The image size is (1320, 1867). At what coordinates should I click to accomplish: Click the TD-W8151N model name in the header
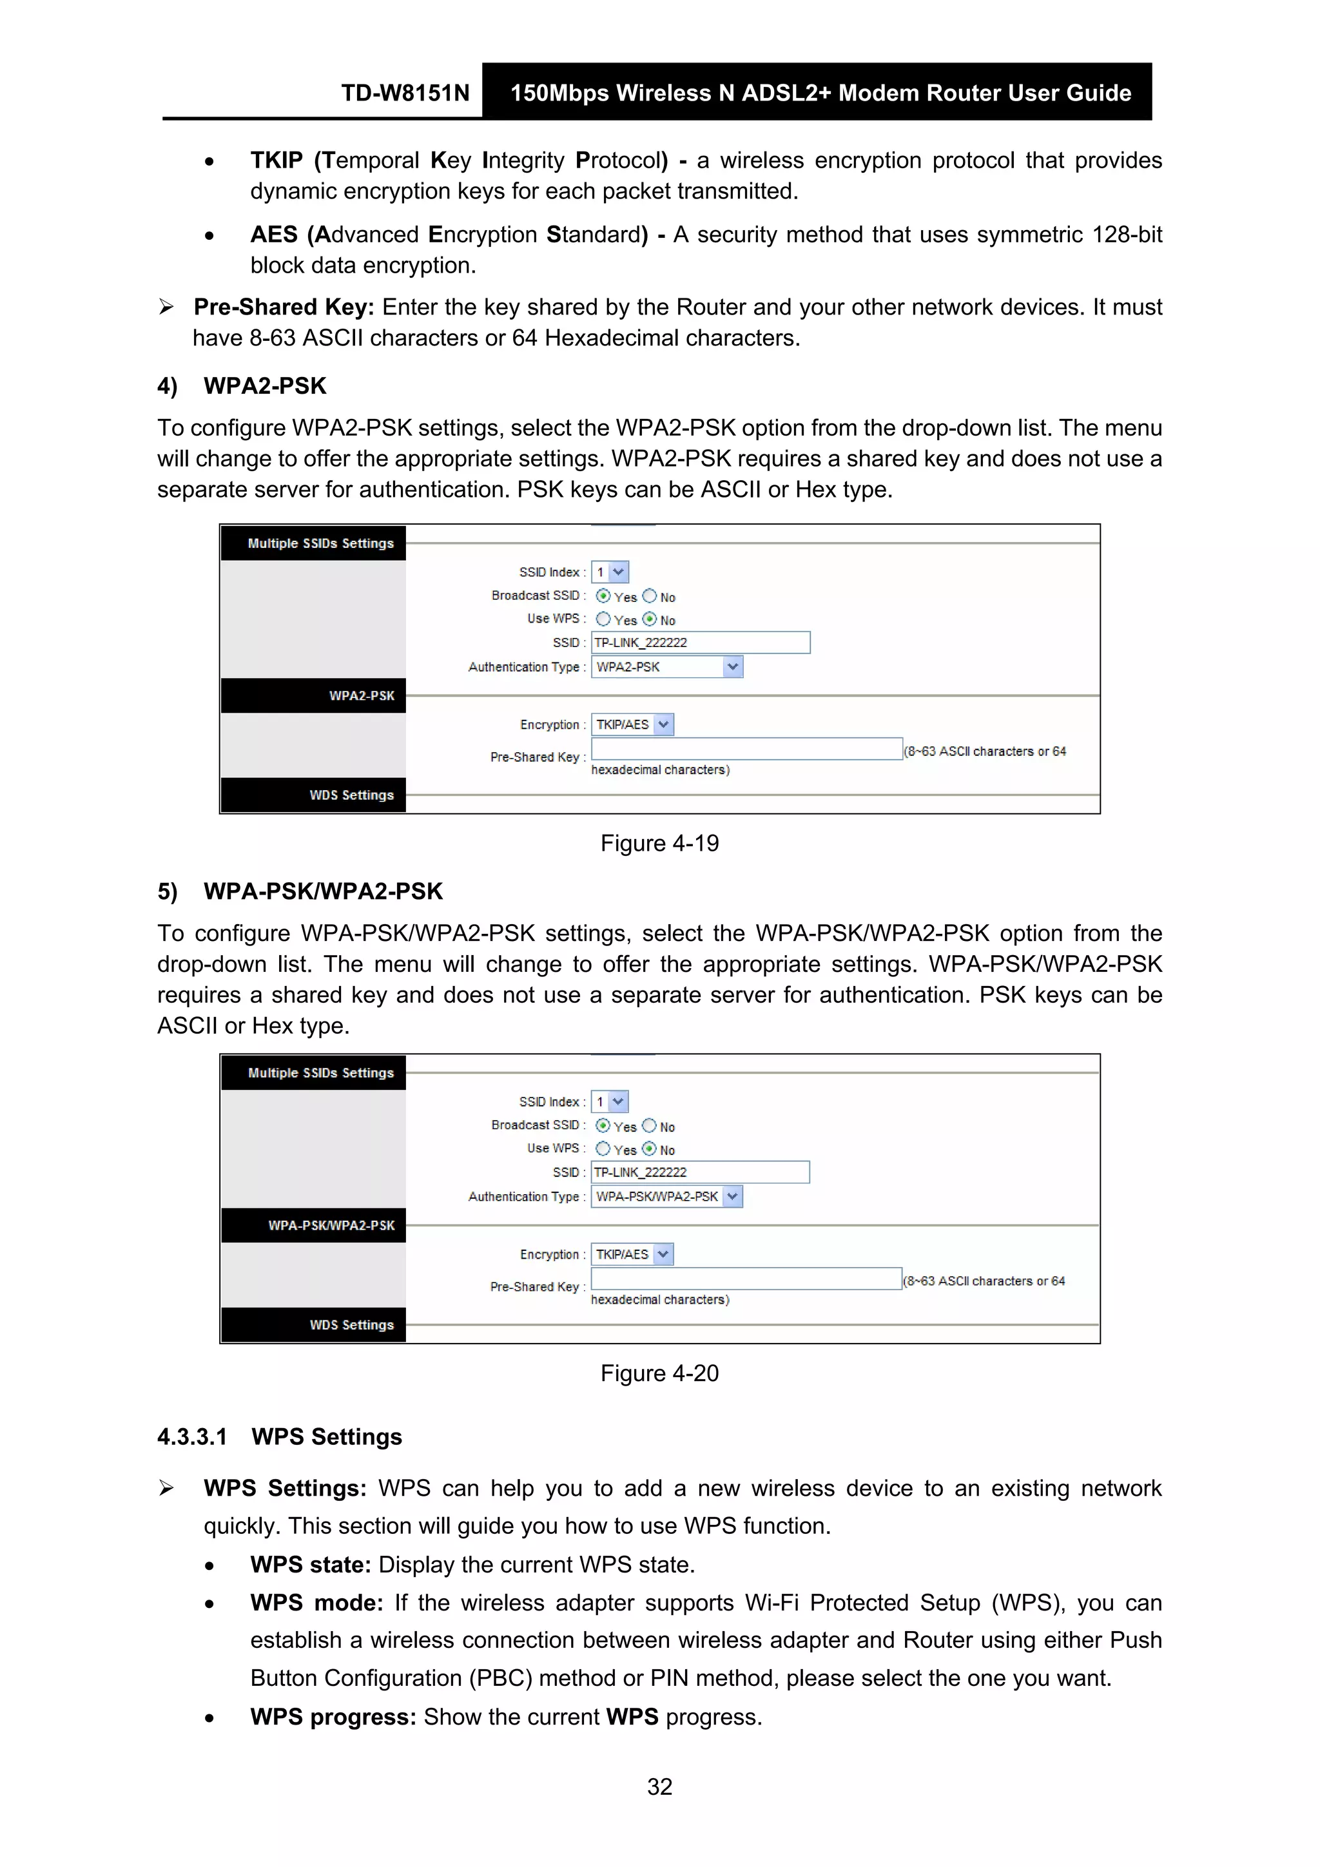[x=405, y=93]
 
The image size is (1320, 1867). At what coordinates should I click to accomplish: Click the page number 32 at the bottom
[x=659, y=1786]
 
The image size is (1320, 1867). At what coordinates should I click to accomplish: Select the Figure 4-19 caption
[x=659, y=843]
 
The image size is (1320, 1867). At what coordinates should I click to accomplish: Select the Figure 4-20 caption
[x=659, y=1373]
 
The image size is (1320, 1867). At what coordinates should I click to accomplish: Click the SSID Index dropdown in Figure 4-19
[x=610, y=572]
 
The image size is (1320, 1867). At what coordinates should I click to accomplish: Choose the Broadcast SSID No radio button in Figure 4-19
[x=649, y=596]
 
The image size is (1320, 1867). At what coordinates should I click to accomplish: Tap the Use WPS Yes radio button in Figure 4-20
[x=603, y=1148]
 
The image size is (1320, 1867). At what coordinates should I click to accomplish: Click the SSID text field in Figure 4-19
[x=699, y=643]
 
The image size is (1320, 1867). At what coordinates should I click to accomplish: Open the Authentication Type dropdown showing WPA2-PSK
[x=666, y=667]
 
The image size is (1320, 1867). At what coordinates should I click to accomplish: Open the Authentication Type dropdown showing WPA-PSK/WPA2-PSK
[x=666, y=1196]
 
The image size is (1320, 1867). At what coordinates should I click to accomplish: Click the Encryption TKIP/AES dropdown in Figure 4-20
[x=632, y=1254]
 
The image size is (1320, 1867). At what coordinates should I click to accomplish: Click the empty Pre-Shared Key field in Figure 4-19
[x=746, y=749]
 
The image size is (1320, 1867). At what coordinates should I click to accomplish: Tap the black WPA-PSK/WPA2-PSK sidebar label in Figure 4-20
[x=331, y=1224]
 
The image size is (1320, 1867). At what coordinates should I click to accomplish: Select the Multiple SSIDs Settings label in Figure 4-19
[x=320, y=543]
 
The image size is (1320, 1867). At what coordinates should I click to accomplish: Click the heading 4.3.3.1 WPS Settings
[x=279, y=1437]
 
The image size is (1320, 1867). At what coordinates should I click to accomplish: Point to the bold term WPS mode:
[x=316, y=1603]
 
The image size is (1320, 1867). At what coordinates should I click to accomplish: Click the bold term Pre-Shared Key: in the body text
[x=283, y=307]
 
